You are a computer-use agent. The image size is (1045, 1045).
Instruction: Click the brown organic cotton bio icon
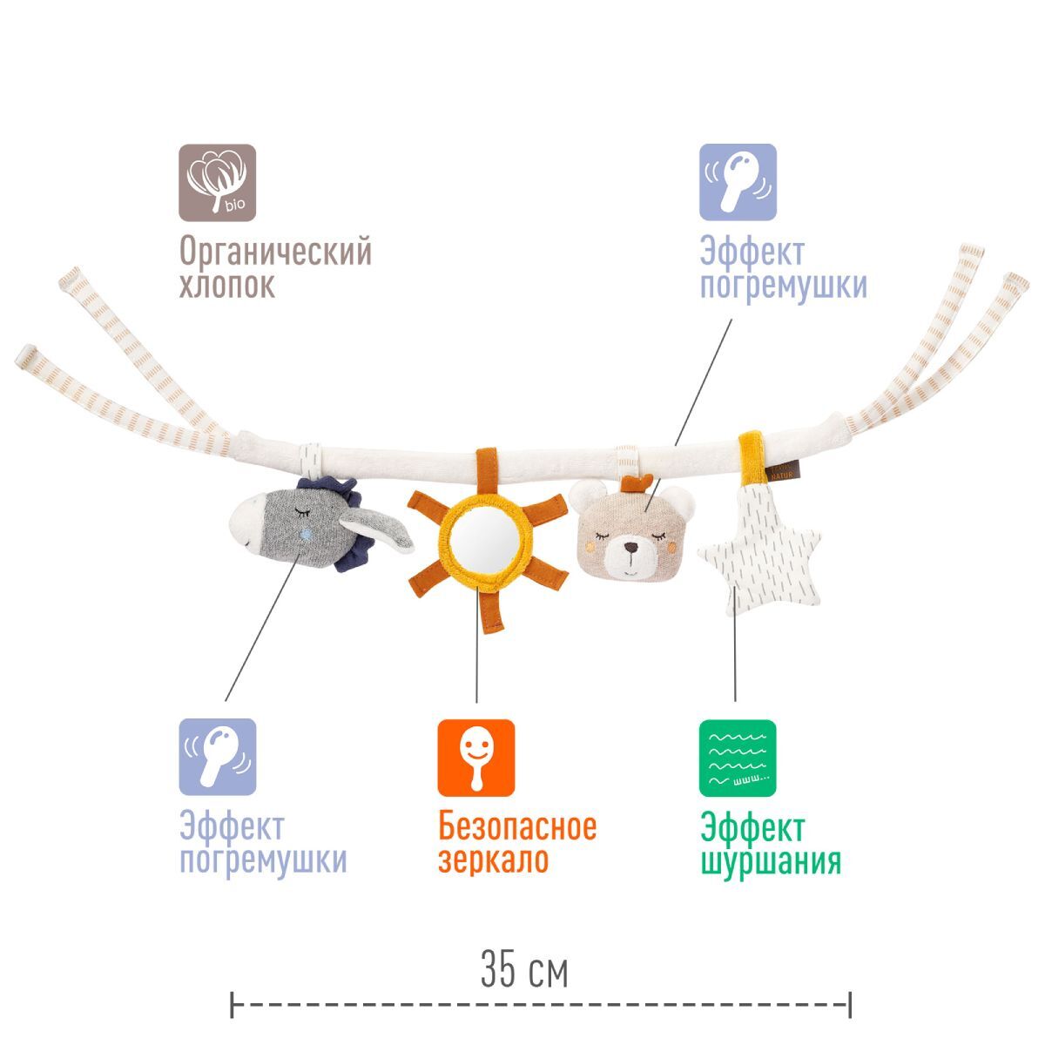[x=218, y=181]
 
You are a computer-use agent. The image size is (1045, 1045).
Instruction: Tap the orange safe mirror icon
[x=475, y=758]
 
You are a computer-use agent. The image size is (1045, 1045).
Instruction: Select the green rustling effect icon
[x=737, y=758]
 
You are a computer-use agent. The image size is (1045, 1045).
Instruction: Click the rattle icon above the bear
[x=738, y=181]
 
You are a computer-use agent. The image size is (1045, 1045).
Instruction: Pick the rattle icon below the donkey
[x=218, y=758]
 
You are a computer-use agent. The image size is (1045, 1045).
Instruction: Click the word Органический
[x=275, y=252]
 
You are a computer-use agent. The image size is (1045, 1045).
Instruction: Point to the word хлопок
[x=227, y=286]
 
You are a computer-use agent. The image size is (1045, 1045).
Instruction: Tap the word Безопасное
[x=517, y=826]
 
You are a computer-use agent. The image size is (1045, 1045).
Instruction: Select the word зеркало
[x=494, y=860]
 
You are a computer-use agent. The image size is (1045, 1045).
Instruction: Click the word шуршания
[x=771, y=861]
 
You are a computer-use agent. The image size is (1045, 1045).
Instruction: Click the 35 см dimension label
[x=524, y=971]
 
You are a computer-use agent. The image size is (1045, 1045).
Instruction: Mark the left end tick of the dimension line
[x=233, y=1004]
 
